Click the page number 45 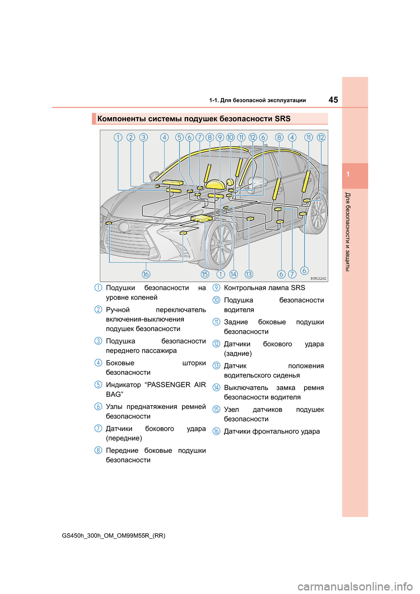tap(333, 100)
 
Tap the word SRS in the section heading tap(283, 119)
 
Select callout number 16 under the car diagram tap(146, 274)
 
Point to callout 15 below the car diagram tap(205, 274)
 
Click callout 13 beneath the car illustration tap(249, 274)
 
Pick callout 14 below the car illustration tap(234, 274)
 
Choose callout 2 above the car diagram tap(130, 137)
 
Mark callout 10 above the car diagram tap(231, 137)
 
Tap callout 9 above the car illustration tap(220, 137)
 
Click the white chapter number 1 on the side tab tap(348, 174)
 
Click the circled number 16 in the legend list tap(216, 431)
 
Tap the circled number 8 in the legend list tap(98, 450)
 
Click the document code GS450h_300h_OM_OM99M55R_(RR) tap(114, 535)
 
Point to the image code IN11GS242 tap(318, 278)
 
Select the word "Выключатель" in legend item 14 tap(246, 388)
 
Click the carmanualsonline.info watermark tap(355, 586)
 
